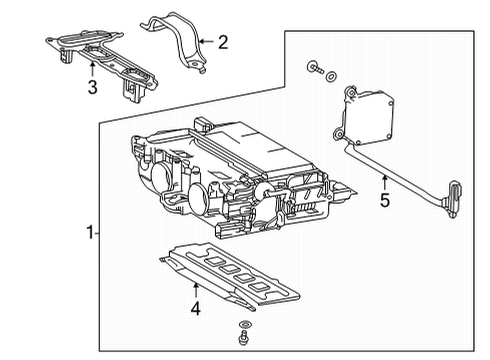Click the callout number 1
point(90,233)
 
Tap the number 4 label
point(196,308)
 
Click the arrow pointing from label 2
point(205,41)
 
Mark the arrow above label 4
point(196,289)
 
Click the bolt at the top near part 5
point(313,69)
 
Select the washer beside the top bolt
point(330,74)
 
